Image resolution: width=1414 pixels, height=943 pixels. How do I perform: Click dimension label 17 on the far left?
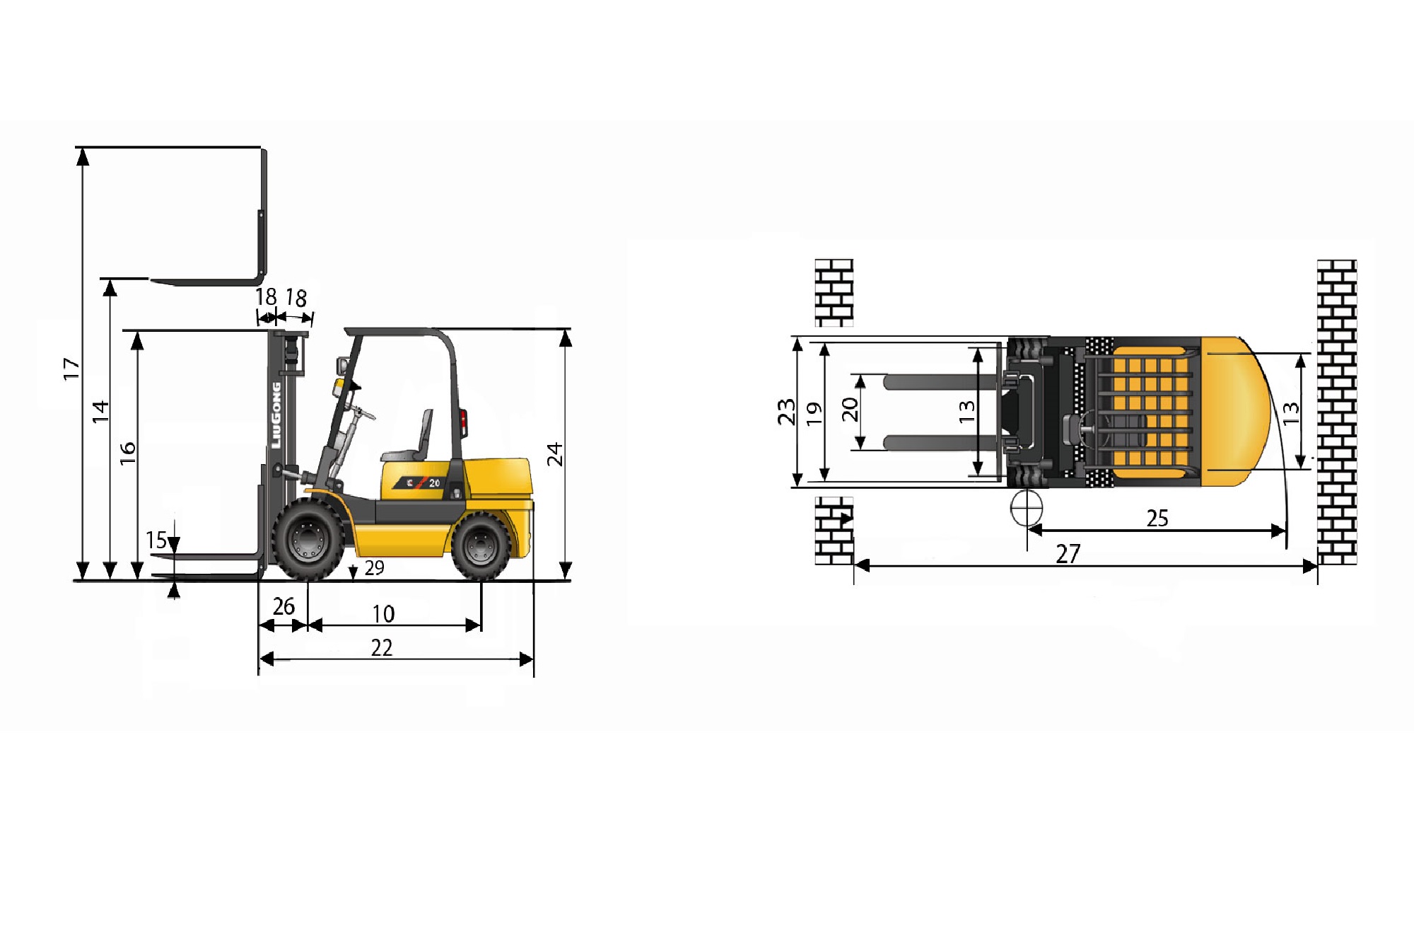tap(71, 369)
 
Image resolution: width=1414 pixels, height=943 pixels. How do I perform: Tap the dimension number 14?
tap(101, 412)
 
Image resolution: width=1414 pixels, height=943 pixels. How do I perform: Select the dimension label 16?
tap(127, 453)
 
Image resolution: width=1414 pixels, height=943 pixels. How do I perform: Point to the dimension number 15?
tap(156, 540)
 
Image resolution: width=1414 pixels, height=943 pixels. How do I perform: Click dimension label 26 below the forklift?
tap(284, 606)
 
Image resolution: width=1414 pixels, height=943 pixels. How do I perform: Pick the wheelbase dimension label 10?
tap(383, 614)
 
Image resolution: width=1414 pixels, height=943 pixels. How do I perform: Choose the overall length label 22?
tap(382, 648)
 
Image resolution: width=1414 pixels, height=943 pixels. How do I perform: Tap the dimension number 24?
tap(555, 454)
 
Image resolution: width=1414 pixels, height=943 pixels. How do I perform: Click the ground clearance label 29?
tap(375, 567)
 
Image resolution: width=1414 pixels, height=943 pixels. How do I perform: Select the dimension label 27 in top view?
tap(1068, 554)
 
